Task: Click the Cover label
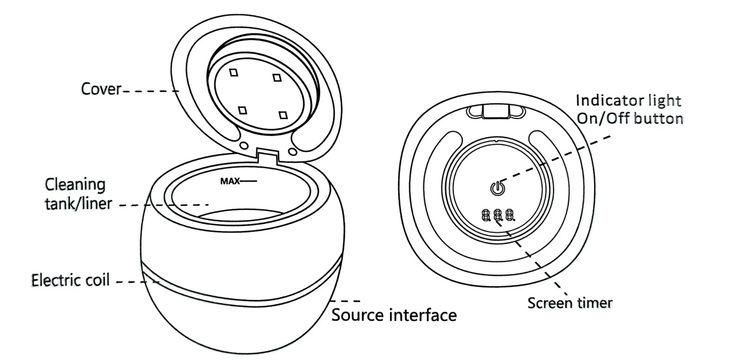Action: [x=101, y=89]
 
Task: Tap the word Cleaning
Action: [x=75, y=185]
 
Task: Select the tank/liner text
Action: [x=79, y=203]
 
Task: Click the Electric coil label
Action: [x=70, y=280]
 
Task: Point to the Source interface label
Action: [x=394, y=315]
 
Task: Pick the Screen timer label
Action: [x=570, y=303]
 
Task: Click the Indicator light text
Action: [x=629, y=101]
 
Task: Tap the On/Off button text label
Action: [x=630, y=118]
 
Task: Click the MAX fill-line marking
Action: [x=239, y=182]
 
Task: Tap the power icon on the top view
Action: [x=497, y=188]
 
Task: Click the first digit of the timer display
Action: [x=486, y=215]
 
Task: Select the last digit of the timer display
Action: [x=510, y=215]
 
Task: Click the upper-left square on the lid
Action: [x=234, y=72]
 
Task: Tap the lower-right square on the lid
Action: [x=283, y=115]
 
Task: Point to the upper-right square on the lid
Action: [x=277, y=77]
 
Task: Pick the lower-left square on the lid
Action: [x=242, y=110]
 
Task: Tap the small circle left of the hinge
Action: [x=244, y=145]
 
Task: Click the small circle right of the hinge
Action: [x=293, y=152]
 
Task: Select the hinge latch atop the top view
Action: [x=496, y=111]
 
